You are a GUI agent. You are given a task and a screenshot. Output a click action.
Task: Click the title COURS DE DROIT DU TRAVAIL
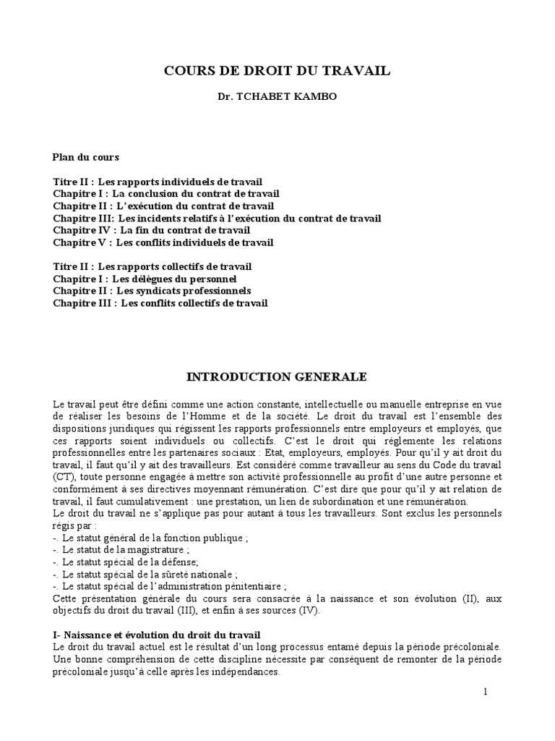[277, 71]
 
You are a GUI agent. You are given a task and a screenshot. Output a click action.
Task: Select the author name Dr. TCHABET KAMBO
[277, 97]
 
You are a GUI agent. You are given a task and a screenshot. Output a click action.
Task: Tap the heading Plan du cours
[86, 157]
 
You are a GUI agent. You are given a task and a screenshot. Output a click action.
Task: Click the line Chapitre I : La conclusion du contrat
[166, 194]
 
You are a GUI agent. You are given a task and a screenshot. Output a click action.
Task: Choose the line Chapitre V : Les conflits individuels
[163, 242]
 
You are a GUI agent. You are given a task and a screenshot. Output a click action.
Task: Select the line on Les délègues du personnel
[145, 279]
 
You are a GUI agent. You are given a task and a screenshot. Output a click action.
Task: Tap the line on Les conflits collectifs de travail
[160, 303]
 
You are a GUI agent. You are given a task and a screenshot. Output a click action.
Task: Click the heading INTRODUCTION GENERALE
[277, 377]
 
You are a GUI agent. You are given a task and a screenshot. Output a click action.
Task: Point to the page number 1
[486, 693]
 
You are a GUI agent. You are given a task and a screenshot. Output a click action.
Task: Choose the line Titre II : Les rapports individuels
[158, 182]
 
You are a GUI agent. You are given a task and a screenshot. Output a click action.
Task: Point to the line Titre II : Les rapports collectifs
[152, 266]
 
